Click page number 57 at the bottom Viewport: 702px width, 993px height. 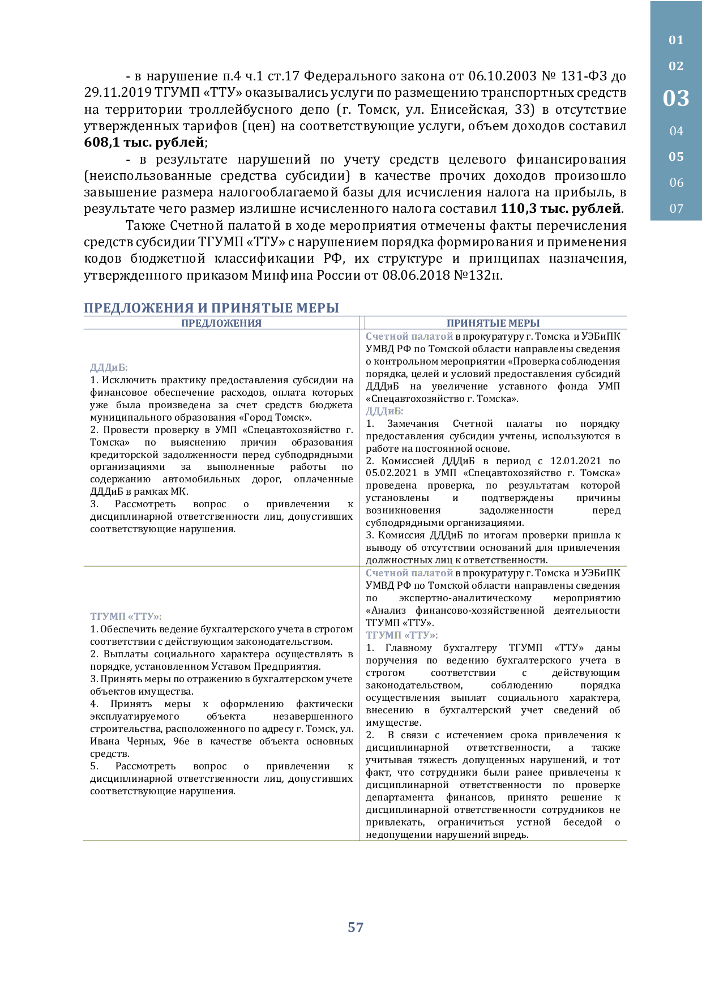tap(356, 927)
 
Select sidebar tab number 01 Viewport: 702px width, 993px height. tap(676, 40)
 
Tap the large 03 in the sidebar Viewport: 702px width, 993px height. tap(676, 99)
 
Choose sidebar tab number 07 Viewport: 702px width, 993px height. tap(676, 209)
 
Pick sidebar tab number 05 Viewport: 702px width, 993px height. tap(676, 157)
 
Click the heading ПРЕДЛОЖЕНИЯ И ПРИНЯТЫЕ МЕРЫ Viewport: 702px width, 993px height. tap(211, 308)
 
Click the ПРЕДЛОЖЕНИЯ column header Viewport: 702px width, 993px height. tap(221, 323)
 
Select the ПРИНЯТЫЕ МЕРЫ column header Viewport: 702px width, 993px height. tap(493, 323)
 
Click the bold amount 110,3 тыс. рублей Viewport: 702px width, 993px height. tap(560, 209)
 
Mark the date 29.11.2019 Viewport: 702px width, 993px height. tap(117, 93)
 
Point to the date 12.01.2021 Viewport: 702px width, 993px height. tap(576, 461)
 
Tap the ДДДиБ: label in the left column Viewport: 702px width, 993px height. tap(109, 368)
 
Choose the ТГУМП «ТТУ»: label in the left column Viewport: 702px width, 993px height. tap(126, 617)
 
